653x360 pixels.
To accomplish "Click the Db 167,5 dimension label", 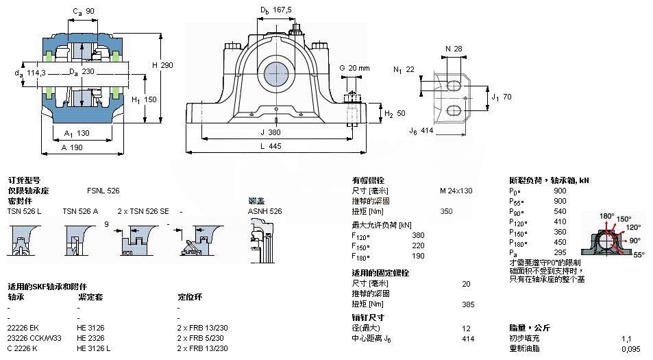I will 276,10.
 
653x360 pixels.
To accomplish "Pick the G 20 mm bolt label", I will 354,68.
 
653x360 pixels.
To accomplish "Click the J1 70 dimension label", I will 502,97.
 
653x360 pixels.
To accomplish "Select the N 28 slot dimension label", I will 454,49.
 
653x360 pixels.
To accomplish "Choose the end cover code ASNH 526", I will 264,211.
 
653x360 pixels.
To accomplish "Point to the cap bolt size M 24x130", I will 456,191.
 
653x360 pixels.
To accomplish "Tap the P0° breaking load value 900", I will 560,191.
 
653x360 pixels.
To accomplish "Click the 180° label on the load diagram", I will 607,216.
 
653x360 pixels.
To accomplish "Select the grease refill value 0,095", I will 630,349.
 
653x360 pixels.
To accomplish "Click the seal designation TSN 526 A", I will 80,211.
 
